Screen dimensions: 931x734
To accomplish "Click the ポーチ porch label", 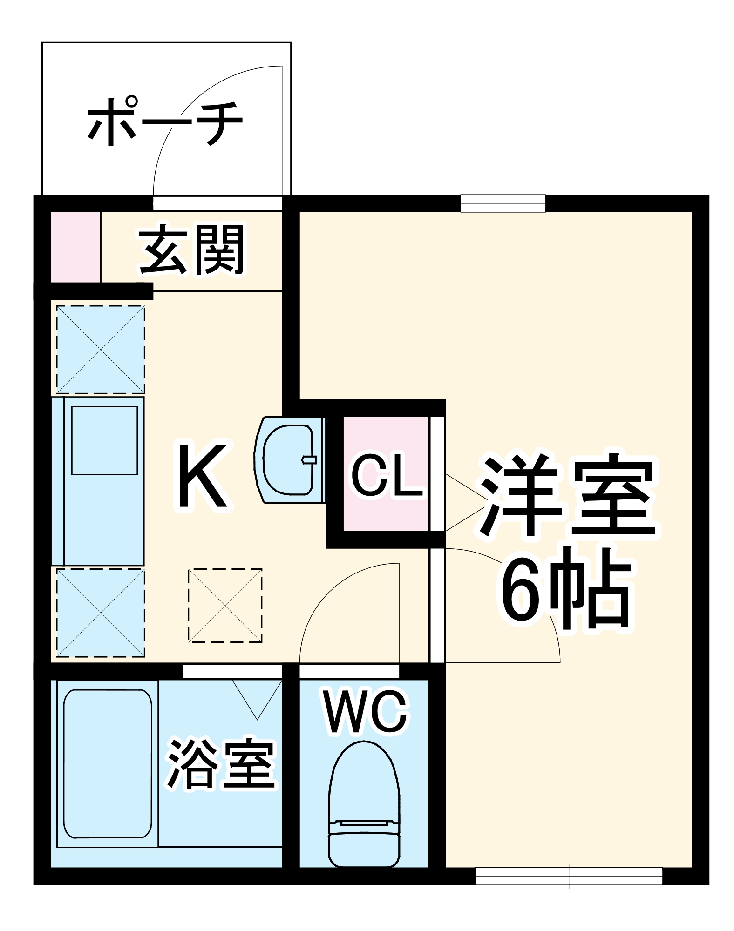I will (x=165, y=122).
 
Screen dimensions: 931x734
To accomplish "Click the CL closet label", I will (x=387, y=475).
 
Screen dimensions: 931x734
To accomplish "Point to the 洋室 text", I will (x=568, y=496).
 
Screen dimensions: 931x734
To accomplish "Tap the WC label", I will (x=366, y=713).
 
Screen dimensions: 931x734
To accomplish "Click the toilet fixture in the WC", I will (x=364, y=806).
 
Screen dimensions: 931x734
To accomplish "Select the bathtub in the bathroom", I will (x=108, y=763).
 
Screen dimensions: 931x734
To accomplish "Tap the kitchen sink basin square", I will (x=104, y=440).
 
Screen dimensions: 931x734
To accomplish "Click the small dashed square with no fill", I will (x=225, y=605).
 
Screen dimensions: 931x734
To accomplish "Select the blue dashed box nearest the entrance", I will (x=101, y=349).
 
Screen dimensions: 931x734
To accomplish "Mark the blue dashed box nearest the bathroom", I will (x=101, y=612).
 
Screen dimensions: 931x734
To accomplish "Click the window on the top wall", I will (x=503, y=203).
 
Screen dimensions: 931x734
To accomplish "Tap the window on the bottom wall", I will (x=569, y=876).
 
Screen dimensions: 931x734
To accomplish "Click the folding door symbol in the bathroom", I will (x=257, y=698).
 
